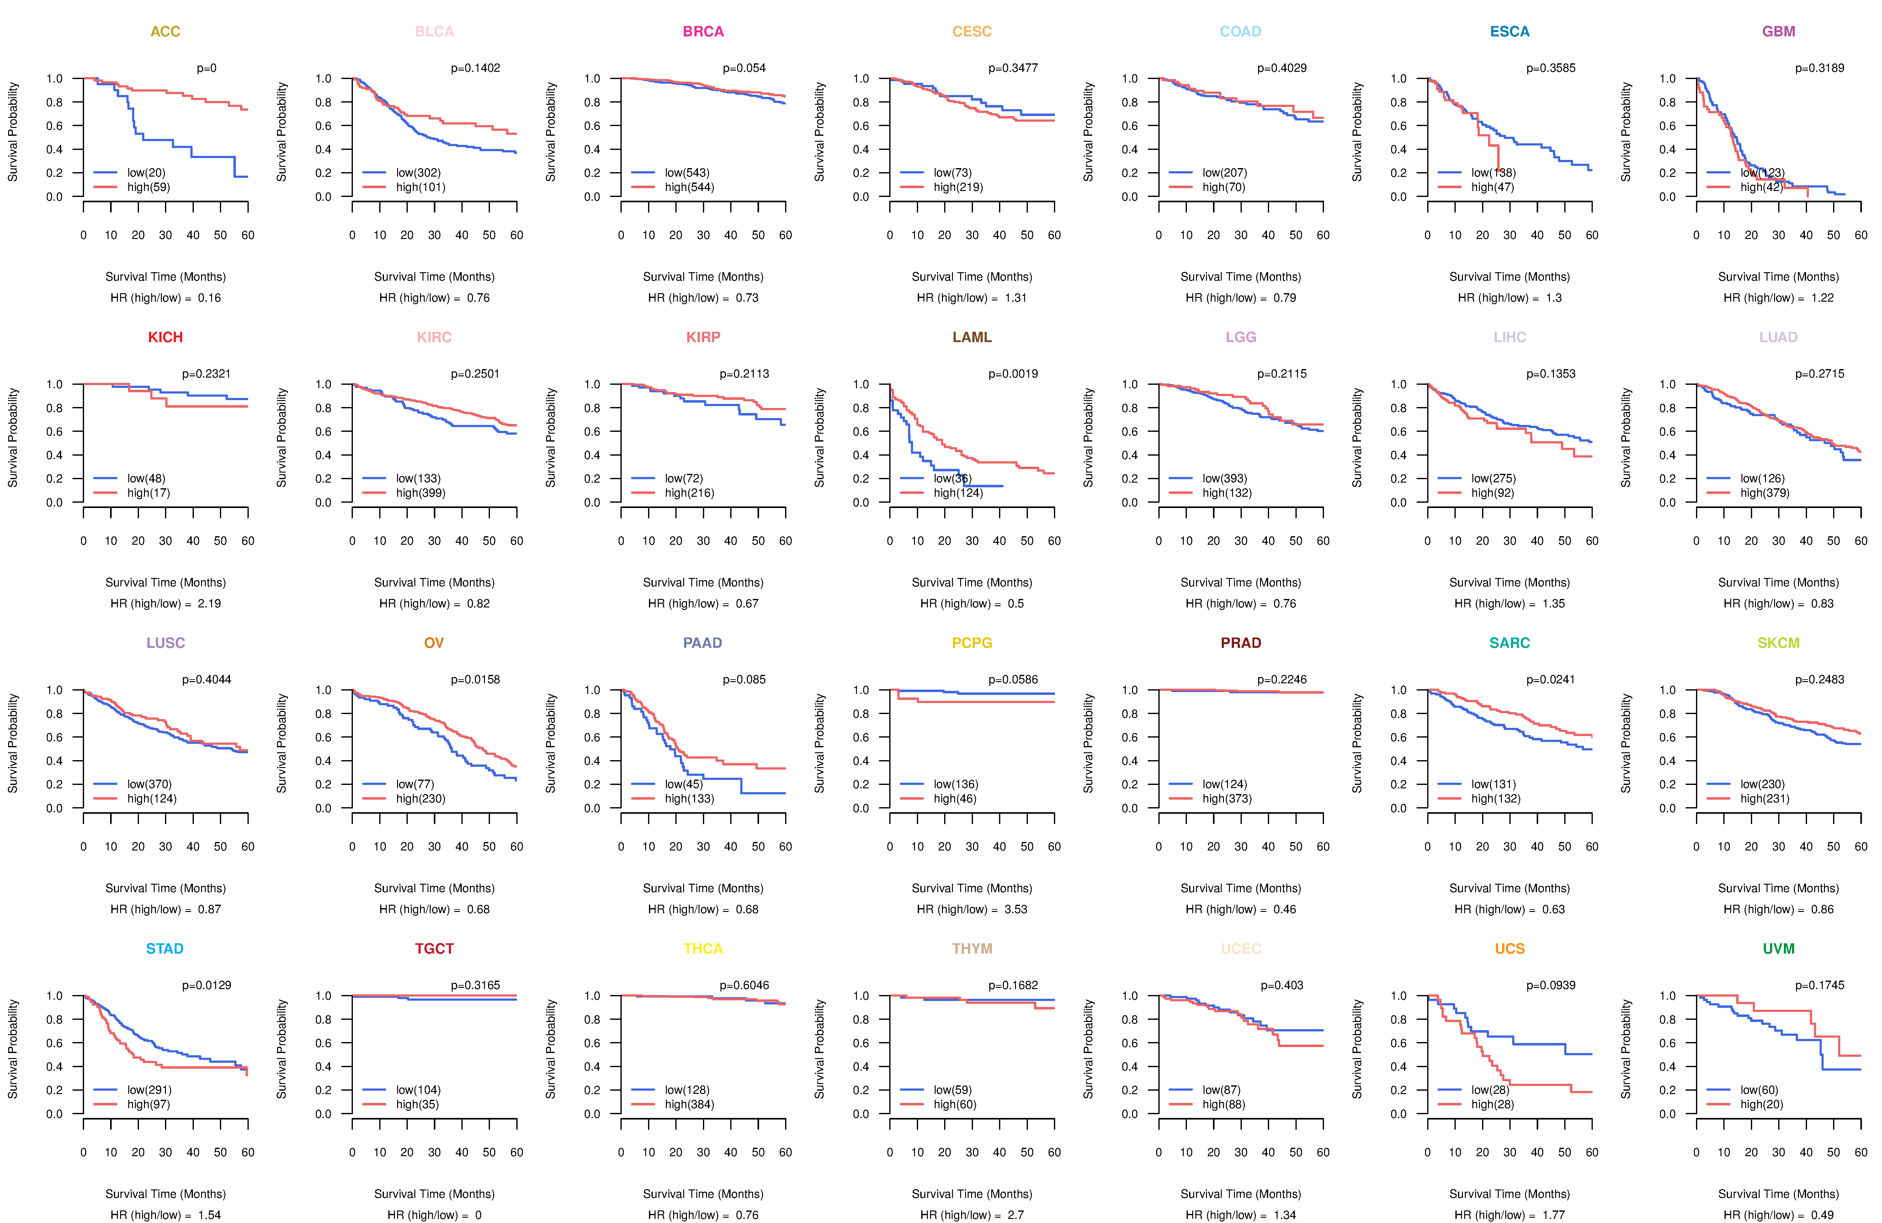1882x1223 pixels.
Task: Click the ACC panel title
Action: (x=165, y=32)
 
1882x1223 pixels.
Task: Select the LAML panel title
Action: (x=972, y=337)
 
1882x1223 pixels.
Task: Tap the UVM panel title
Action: (x=1778, y=949)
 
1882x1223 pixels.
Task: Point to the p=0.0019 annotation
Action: (x=1013, y=374)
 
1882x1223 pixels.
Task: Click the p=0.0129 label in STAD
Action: (x=206, y=986)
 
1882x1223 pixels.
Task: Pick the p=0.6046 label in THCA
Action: (x=744, y=986)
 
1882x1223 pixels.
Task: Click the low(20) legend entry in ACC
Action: (x=146, y=172)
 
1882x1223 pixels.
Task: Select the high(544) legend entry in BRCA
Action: (x=689, y=187)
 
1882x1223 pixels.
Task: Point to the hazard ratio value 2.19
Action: (x=209, y=604)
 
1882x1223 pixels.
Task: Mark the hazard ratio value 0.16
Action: (x=209, y=298)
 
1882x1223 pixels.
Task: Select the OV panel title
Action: (x=434, y=643)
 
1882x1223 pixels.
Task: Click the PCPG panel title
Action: (x=972, y=643)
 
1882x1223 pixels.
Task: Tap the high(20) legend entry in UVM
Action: (x=1761, y=1104)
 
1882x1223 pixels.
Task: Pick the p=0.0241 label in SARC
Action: (x=1551, y=680)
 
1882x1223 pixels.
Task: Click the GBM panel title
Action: (x=1778, y=32)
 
